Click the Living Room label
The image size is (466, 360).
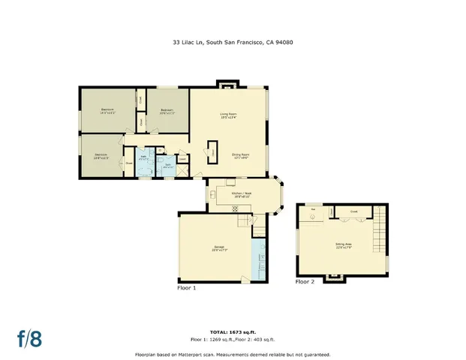pos(229,116)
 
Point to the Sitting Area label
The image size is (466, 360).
pos(344,245)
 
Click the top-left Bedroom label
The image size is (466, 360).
pos(107,112)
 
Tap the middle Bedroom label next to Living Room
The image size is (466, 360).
pos(167,112)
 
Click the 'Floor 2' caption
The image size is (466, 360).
pos(305,282)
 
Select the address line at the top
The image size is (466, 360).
pos(233,43)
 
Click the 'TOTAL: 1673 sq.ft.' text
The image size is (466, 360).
pos(233,330)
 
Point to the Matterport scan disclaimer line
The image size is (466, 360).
pos(233,354)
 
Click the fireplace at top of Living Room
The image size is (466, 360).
pos(227,83)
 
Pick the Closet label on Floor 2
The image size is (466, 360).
pos(353,212)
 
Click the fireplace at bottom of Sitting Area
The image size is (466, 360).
pos(335,277)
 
